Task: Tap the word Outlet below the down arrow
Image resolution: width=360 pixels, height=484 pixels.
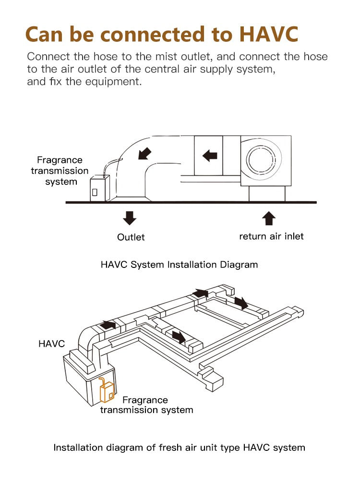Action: point(131,237)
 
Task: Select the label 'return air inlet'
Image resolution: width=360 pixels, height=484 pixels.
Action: point(271,236)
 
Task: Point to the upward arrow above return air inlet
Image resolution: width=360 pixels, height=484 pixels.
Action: point(269,219)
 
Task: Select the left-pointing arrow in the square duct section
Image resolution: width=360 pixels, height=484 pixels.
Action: point(210,156)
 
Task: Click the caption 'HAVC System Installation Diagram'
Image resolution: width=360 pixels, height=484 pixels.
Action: point(179,265)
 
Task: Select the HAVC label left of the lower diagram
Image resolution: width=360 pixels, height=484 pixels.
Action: point(51,344)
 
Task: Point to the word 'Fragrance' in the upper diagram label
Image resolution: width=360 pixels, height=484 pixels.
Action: point(60,160)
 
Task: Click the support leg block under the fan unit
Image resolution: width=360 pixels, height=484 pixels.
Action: point(267,194)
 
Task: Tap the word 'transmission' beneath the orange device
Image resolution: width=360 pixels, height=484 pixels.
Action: point(126,410)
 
